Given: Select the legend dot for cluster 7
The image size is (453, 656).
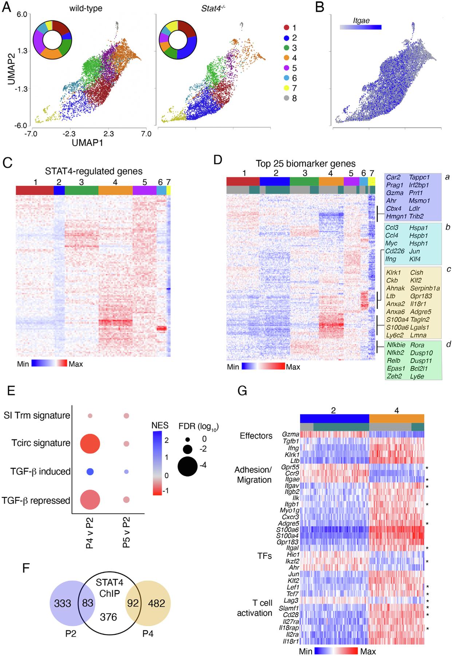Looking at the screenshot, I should coord(287,88).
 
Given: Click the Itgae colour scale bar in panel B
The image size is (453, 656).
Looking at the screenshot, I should coord(361,27).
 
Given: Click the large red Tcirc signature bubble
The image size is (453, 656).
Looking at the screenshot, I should coord(90,443).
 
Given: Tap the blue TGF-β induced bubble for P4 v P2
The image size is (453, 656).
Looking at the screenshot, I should coord(90,472).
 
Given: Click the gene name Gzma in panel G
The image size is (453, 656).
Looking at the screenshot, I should coord(291,434).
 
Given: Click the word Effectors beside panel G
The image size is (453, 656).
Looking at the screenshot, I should coord(256,436).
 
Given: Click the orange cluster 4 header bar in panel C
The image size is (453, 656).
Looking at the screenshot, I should coord(115,190).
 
